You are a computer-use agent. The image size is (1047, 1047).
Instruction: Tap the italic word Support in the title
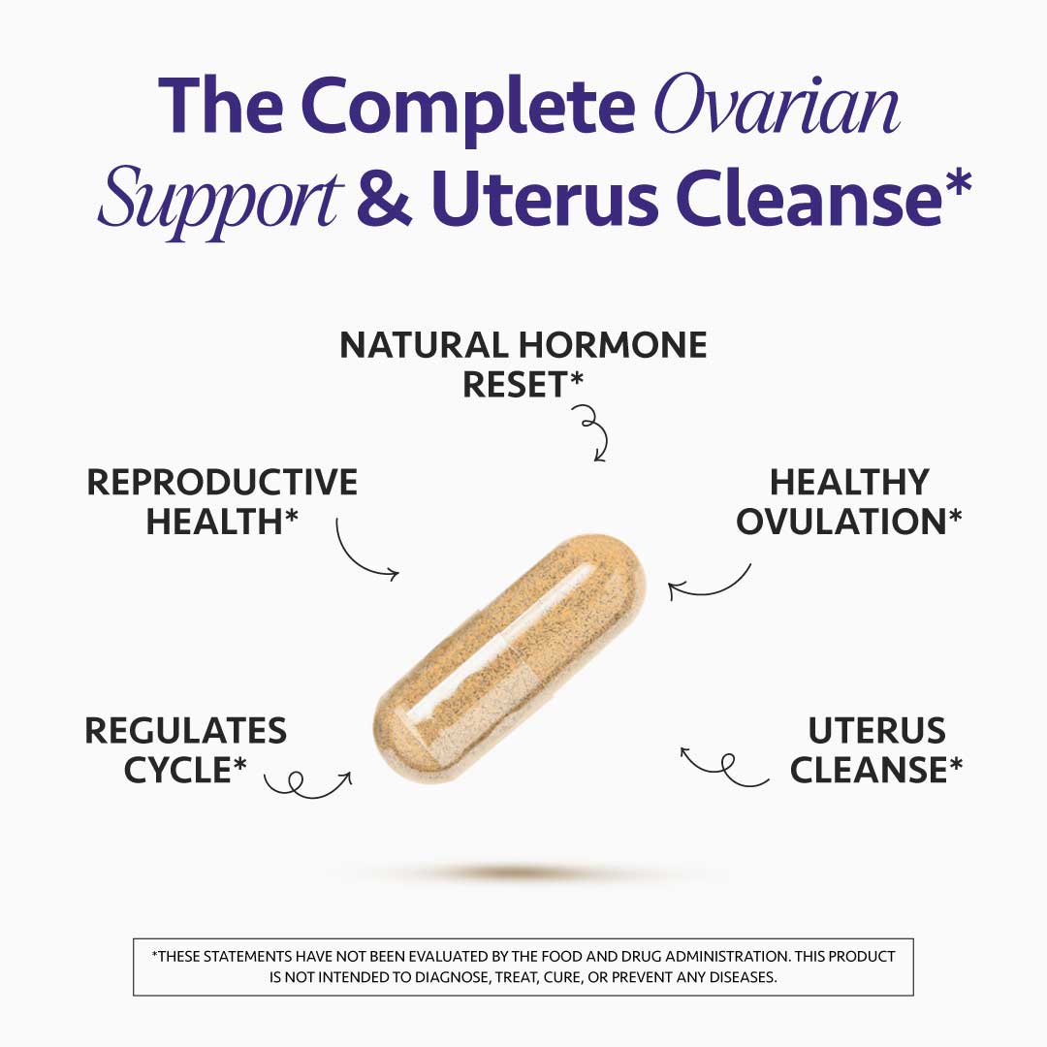pos(221,199)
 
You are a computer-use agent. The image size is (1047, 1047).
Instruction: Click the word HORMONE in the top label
pos(613,345)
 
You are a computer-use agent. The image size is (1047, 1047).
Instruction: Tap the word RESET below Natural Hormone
pos(515,385)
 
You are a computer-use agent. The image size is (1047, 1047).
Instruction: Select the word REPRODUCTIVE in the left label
pos(222,483)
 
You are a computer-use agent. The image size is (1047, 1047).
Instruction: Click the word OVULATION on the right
pos(840,522)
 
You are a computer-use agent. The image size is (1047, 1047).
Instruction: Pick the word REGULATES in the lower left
pos(186,731)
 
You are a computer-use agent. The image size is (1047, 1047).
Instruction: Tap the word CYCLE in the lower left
pos(178,770)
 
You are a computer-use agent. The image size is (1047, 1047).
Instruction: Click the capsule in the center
pos(509,660)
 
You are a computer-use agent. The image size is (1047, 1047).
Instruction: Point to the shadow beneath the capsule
pos(528,873)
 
